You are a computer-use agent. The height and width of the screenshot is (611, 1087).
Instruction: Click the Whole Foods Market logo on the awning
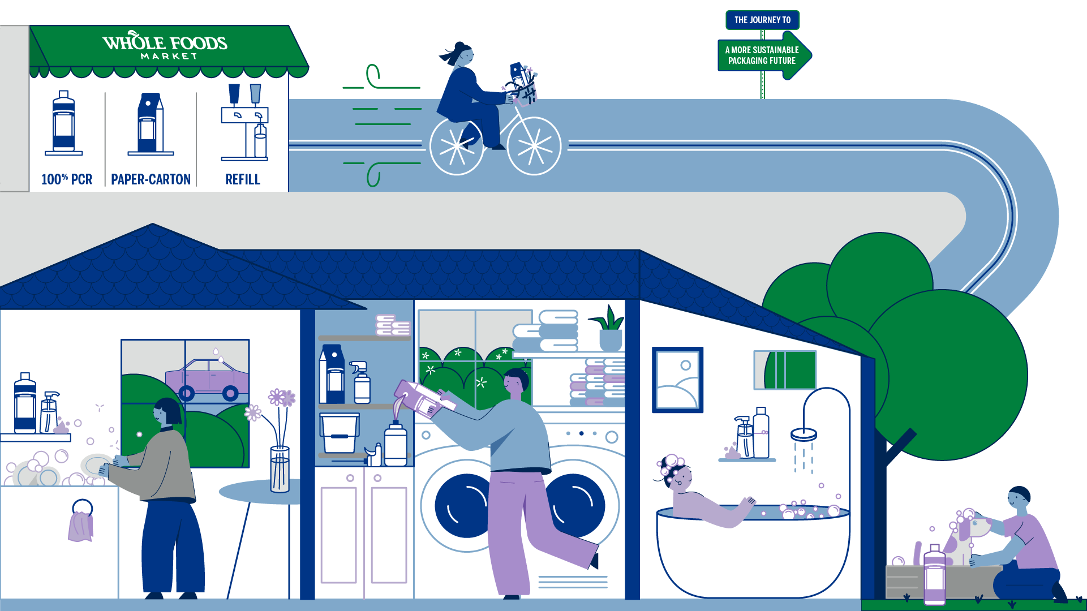[x=165, y=45]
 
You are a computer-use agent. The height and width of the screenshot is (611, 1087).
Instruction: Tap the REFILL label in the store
[x=243, y=179]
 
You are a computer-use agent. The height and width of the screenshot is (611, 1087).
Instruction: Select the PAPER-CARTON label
[x=151, y=179]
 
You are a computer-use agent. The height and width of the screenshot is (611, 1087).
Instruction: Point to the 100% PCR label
[x=67, y=179]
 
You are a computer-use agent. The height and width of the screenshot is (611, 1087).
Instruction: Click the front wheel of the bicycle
[x=534, y=146]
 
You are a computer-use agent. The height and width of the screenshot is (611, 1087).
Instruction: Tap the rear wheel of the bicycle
[x=457, y=147]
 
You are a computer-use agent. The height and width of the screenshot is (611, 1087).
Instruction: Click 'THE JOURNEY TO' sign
[x=762, y=20]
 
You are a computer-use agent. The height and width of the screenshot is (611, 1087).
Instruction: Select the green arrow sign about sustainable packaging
[x=764, y=55]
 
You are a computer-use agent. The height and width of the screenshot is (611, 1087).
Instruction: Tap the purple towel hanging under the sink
[x=81, y=526]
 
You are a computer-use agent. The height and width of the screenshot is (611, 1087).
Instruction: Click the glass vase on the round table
[x=280, y=470]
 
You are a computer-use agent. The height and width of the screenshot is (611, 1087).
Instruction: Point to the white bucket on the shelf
[x=339, y=433]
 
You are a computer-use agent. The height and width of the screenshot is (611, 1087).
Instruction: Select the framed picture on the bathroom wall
[x=677, y=380]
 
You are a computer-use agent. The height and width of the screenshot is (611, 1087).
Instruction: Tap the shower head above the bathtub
[x=804, y=434]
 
